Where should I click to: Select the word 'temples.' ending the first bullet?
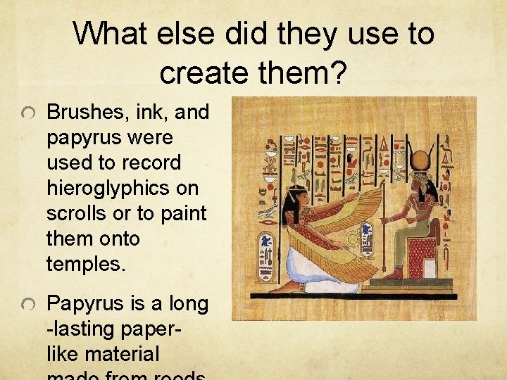86,265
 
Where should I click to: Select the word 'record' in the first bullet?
150,163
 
